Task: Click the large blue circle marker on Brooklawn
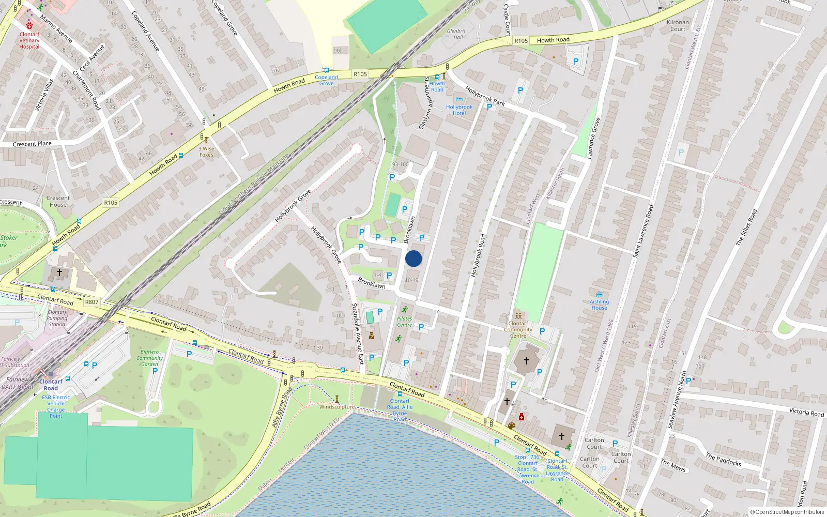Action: tap(413, 258)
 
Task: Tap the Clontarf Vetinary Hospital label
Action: tap(29, 40)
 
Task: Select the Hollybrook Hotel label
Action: tap(459, 110)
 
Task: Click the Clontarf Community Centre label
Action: tap(518, 329)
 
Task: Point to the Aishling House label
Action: tap(599, 305)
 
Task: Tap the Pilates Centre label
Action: tap(404, 322)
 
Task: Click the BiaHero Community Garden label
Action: tap(149, 358)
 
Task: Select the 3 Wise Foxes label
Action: tap(206, 151)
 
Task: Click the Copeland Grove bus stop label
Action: tap(326, 80)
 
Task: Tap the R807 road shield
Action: tap(91, 302)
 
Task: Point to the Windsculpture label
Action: tap(336, 407)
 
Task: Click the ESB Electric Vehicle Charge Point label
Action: tap(56, 406)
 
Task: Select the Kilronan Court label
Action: tap(678, 26)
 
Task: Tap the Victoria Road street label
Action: tap(806, 412)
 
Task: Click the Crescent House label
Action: tap(58, 201)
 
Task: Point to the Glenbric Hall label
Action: tap(456, 34)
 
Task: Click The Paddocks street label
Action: tap(723, 459)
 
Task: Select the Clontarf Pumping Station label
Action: tap(57, 318)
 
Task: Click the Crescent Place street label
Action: tap(32, 144)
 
